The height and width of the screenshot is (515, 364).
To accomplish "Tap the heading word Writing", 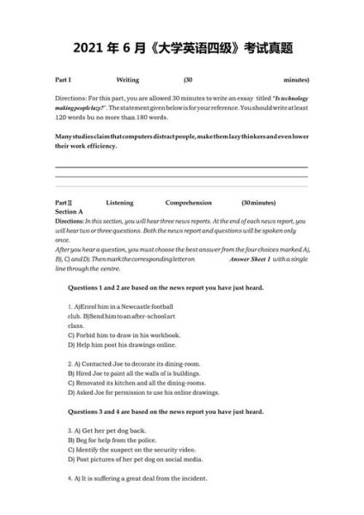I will (127, 78).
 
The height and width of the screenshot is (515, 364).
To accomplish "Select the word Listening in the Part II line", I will (120, 202).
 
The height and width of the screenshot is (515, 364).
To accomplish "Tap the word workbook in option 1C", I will (161, 335).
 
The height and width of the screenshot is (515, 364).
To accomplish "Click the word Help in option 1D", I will (84, 344).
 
